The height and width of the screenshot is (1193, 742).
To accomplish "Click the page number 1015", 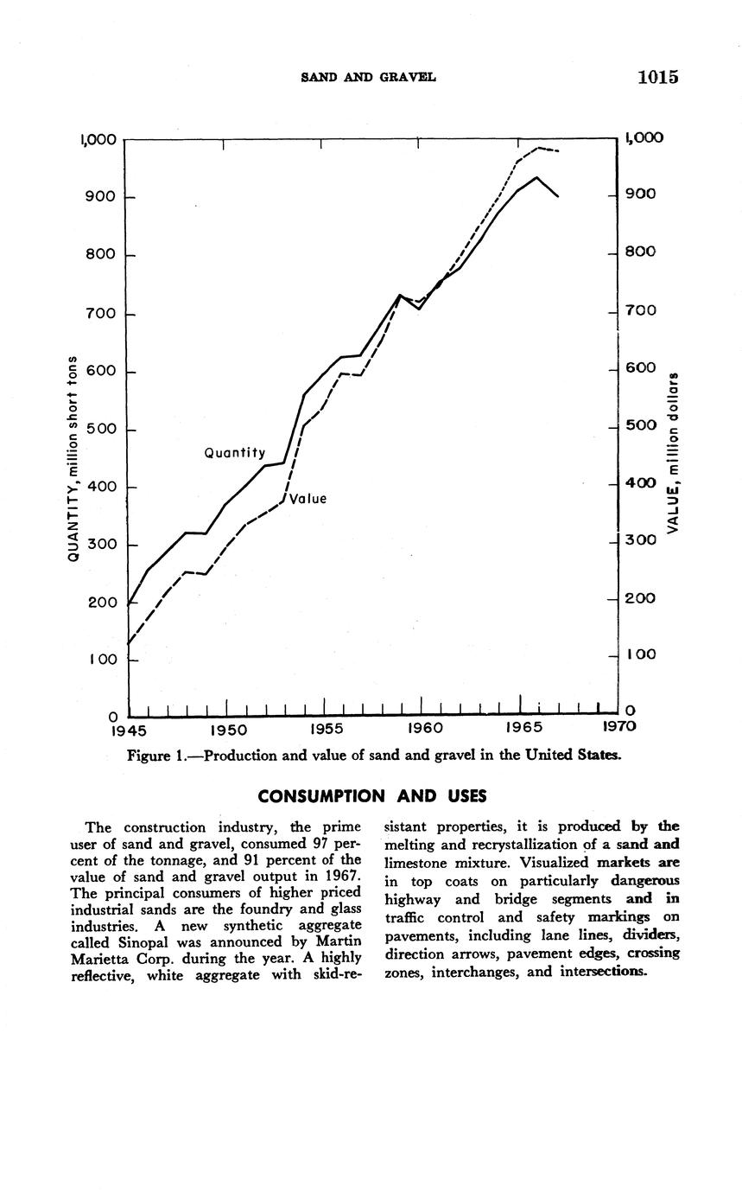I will (x=658, y=77).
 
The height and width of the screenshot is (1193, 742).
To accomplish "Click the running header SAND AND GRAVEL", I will (x=368, y=78).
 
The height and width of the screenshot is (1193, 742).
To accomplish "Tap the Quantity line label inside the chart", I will (x=234, y=453).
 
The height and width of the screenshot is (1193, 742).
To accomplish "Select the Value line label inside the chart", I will (x=308, y=499).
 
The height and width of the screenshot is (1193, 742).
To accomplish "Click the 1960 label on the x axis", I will (x=425, y=728).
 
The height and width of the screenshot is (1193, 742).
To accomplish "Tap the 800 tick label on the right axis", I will (x=640, y=252).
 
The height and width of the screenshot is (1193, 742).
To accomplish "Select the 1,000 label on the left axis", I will (x=98, y=139).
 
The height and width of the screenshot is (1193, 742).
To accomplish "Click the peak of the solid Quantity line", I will (x=537, y=177).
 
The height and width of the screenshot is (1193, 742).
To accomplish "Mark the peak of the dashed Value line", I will (x=539, y=148).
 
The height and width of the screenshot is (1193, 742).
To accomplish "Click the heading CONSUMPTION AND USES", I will (x=372, y=795).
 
